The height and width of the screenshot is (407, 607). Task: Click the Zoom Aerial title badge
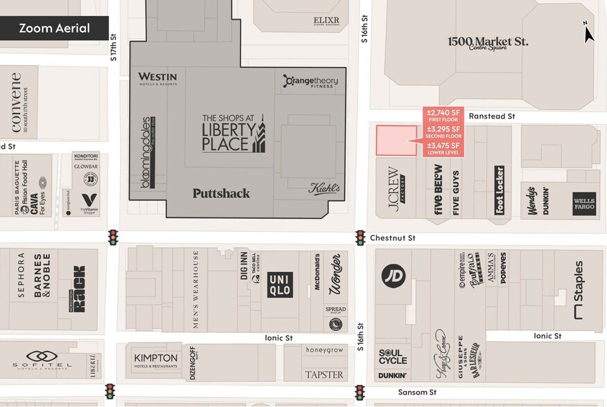click(x=54, y=28)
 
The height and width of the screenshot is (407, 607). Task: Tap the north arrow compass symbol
click(x=588, y=32)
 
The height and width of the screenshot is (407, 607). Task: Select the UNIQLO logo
click(x=280, y=285)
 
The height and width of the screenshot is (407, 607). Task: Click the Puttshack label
click(x=221, y=194)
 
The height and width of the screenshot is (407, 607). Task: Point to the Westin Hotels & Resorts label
click(x=157, y=79)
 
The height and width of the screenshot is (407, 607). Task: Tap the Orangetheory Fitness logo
click(x=310, y=82)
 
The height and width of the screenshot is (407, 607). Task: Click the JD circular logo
click(x=392, y=275)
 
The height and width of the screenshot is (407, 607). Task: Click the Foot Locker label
click(x=499, y=190)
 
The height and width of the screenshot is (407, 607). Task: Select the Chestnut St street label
click(x=392, y=237)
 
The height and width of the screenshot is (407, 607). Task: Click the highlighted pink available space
click(x=396, y=141)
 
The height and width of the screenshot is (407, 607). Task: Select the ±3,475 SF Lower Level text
click(x=443, y=149)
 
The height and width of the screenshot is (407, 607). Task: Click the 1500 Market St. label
click(x=487, y=43)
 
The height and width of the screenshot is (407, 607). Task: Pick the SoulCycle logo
click(x=393, y=356)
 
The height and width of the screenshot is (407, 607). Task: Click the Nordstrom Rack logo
click(x=78, y=288)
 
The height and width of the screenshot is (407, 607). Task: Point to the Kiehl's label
click(x=324, y=188)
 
